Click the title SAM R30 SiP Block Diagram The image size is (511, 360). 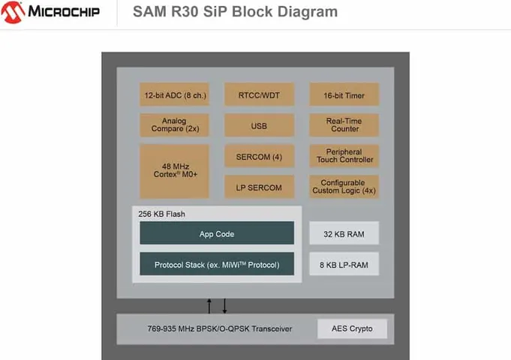click(x=235, y=12)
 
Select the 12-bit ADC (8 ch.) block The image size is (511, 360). click(x=174, y=95)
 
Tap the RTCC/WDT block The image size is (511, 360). click(x=259, y=95)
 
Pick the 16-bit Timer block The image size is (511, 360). click(x=344, y=95)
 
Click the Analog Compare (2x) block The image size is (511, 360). click(x=174, y=125)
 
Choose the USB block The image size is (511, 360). click(x=259, y=126)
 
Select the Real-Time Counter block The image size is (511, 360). click(x=344, y=125)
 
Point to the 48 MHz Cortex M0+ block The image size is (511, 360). click(x=174, y=171)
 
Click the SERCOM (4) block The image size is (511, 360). click(x=259, y=156)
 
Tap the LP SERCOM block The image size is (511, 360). click(x=259, y=187)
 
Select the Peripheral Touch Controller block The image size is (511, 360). click(x=344, y=156)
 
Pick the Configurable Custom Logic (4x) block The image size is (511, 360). click(x=344, y=187)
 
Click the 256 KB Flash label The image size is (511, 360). click(x=161, y=214)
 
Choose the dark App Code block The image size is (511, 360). click(x=217, y=234)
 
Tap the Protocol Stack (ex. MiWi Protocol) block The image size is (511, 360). click(x=217, y=265)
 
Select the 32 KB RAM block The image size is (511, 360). click(x=344, y=234)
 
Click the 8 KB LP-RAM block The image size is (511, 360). click(x=344, y=264)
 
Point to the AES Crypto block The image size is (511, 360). click(x=351, y=328)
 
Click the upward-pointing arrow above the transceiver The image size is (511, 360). click(x=209, y=305)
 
